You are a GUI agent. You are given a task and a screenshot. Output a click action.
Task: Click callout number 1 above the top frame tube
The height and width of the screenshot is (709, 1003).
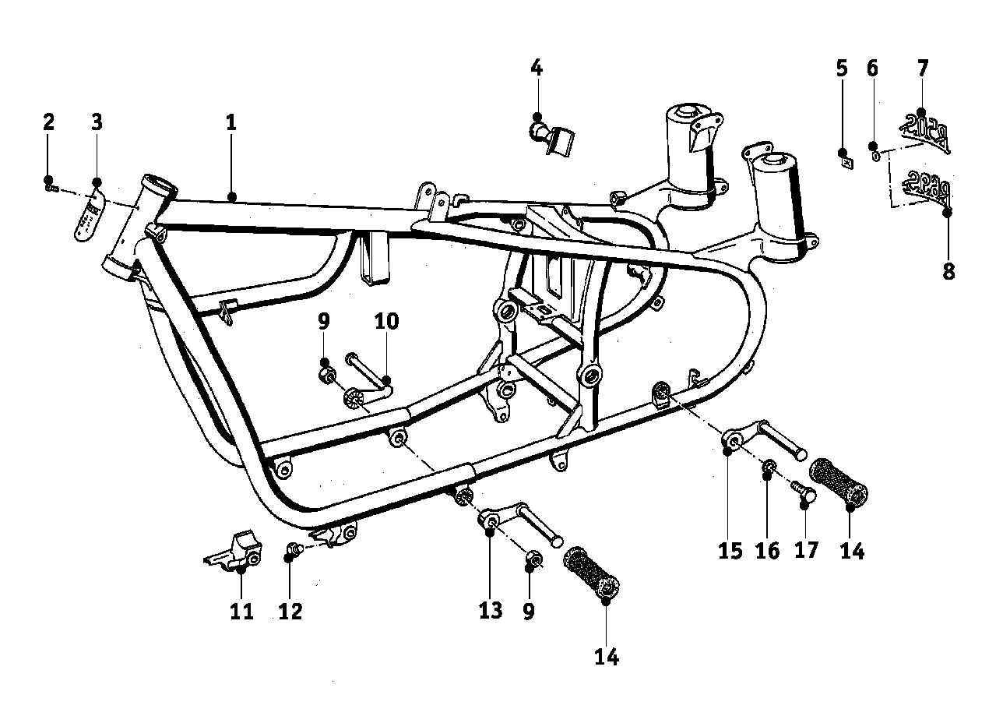tap(231, 122)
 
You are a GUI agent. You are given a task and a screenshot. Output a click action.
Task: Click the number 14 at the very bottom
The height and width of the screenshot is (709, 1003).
tap(607, 658)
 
